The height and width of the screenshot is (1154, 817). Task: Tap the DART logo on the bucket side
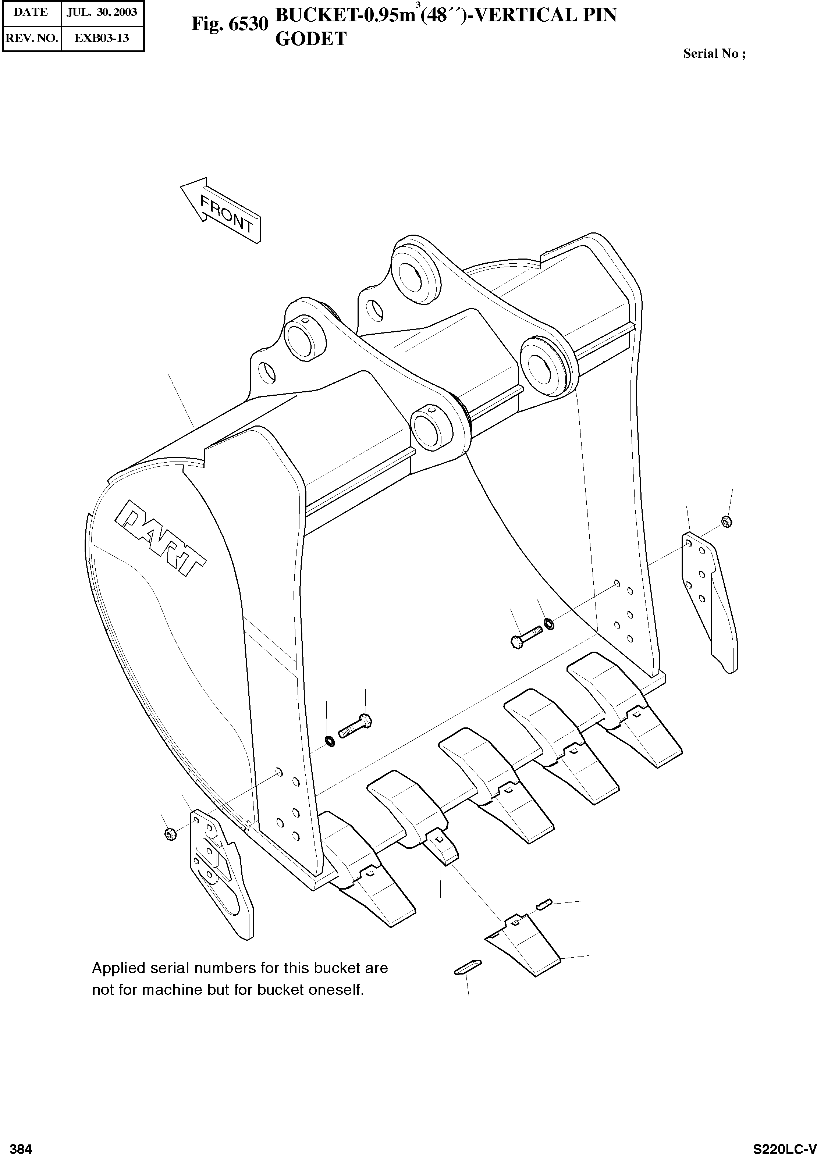click(x=160, y=537)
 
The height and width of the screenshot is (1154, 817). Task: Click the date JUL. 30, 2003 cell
click(x=102, y=13)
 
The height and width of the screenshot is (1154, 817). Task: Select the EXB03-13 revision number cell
click(x=102, y=38)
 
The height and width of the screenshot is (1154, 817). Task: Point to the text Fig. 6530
click(x=230, y=24)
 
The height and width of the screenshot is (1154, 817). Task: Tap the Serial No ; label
click(x=714, y=54)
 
